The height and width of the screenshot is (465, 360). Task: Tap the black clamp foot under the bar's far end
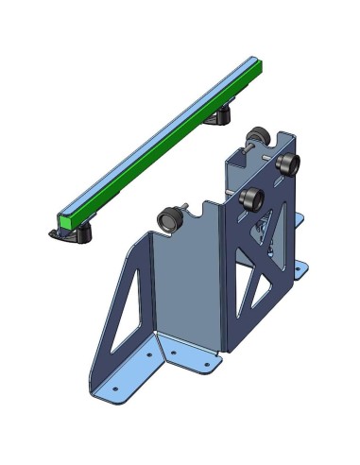pyautogui.click(x=220, y=116)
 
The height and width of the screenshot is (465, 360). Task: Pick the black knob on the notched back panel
pyautogui.click(x=170, y=219)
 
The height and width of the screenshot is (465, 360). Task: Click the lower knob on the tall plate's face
pyautogui.click(x=252, y=199)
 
